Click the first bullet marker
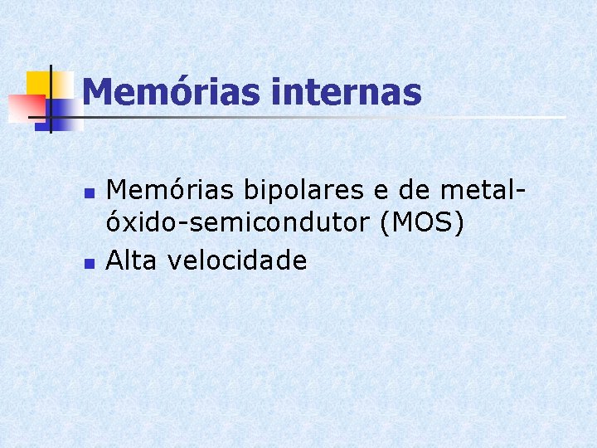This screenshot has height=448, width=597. tap(90, 193)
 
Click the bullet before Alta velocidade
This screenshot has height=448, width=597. tap(90, 263)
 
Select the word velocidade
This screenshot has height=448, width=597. tap(237, 261)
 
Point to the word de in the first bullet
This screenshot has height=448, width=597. tap(415, 191)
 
